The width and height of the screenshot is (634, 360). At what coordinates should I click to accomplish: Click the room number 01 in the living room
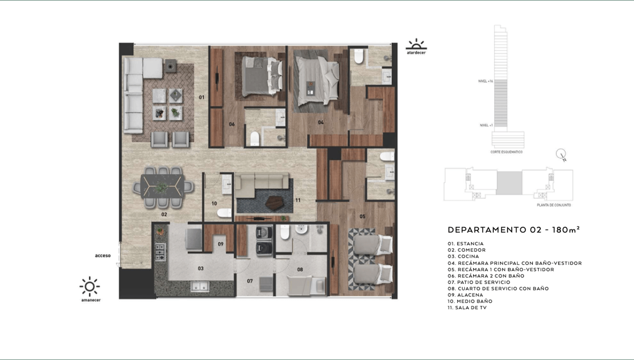(202, 97)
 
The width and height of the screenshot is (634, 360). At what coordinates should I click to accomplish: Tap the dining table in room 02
(162, 186)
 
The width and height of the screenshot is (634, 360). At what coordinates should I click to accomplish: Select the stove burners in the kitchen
(160, 253)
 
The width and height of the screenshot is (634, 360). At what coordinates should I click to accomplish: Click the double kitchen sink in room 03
(199, 286)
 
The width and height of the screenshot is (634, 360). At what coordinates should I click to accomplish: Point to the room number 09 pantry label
(220, 244)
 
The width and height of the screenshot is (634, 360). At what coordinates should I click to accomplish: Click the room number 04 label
(321, 122)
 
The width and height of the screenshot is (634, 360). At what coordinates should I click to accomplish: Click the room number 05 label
(362, 217)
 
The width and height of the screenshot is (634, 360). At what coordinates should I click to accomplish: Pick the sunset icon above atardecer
(416, 44)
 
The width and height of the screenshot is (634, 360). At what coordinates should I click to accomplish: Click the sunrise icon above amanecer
(90, 286)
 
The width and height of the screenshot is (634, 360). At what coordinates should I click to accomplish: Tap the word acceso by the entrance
(103, 256)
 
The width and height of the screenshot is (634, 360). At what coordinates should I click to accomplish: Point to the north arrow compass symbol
(561, 155)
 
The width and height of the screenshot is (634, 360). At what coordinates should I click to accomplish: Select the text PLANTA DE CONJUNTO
(554, 205)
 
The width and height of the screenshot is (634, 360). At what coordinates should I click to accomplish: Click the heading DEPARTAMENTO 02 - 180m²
(513, 230)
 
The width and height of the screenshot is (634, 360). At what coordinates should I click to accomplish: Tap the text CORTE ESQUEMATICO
(506, 152)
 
